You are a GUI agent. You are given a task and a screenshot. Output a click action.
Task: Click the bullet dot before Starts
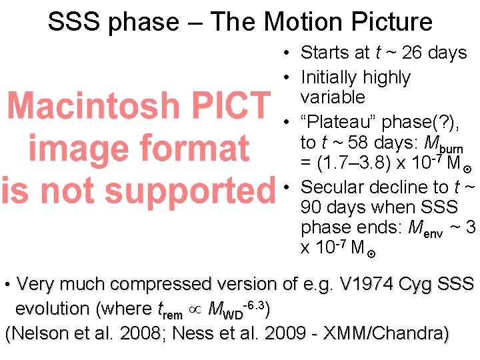click(285, 53)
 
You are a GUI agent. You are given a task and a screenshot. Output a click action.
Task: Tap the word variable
click(333, 97)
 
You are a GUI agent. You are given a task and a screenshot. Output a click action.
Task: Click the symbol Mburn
click(444, 144)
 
